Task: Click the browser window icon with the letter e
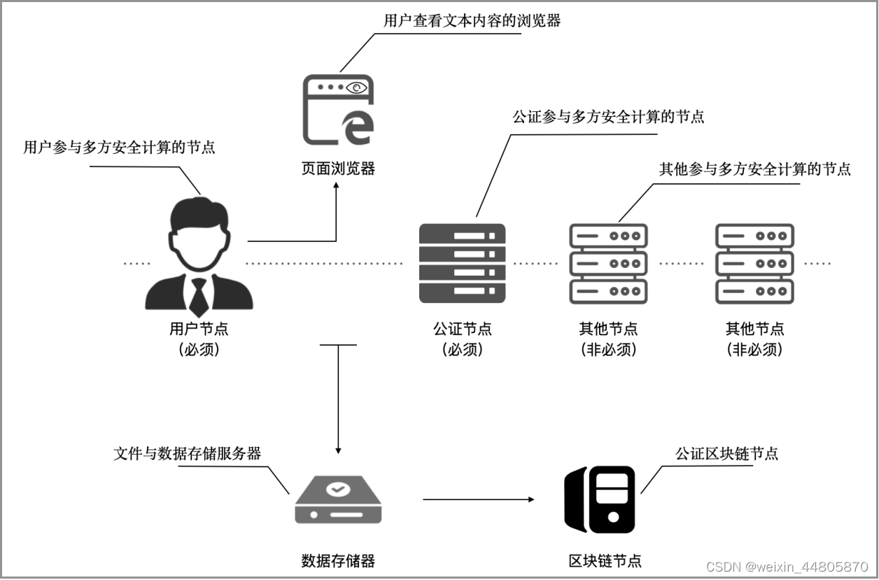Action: click(338, 110)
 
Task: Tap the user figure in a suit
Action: click(199, 256)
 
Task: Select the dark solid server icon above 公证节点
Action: click(462, 263)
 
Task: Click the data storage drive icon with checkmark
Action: click(338, 500)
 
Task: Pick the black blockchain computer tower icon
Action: click(600, 500)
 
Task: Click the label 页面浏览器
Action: click(338, 168)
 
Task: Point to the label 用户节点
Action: click(199, 328)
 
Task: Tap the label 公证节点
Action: click(463, 328)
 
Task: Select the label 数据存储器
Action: click(338, 560)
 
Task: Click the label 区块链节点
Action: click(605, 560)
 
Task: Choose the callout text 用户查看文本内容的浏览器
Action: click(472, 20)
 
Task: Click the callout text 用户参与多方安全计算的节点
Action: click(120, 147)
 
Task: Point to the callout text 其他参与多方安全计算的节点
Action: click(755, 169)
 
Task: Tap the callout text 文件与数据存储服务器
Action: click(188, 453)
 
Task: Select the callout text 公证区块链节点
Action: click(726, 453)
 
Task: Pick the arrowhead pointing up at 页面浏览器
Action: click(337, 187)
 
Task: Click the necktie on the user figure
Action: click(199, 297)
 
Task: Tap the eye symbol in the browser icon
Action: click(357, 87)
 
